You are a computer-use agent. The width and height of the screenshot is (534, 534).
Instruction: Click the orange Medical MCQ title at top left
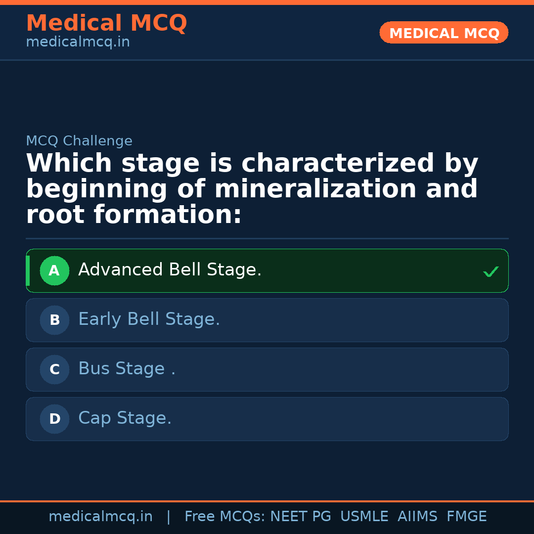pyautogui.click(x=106, y=23)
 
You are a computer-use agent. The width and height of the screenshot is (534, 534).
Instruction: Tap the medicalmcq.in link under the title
pyautogui.click(x=78, y=42)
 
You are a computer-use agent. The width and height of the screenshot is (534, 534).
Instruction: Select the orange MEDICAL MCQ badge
pyautogui.click(x=444, y=33)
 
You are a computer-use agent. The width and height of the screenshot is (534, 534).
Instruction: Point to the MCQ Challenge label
pyautogui.click(x=79, y=141)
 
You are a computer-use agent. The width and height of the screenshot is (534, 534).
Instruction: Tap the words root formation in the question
pyautogui.click(x=133, y=215)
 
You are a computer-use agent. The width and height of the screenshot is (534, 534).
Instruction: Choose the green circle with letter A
pyautogui.click(x=54, y=270)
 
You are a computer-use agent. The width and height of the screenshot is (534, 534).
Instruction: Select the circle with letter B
pyautogui.click(x=54, y=320)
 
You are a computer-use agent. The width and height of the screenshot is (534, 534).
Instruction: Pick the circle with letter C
pyautogui.click(x=54, y=369)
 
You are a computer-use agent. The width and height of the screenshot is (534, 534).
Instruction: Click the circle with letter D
pyautogui.click(x=54, y=419)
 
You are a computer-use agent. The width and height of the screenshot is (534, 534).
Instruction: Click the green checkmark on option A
pyautogui.click(x=490, y=271)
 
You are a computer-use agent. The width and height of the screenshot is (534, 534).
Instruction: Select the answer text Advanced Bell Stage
pyautogui.click(x=170, y=270)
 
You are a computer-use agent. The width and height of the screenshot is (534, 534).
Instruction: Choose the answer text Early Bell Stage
pyautogui.click(x=149, y=319)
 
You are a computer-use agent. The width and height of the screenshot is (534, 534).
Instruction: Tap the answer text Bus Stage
pyautogui.click(x=127, y=369)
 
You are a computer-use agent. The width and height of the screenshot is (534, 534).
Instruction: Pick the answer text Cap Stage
pyautogui.click(x=125, y=418)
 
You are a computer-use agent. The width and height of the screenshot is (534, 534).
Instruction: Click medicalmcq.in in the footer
pyautogui.click(x=100, y=517)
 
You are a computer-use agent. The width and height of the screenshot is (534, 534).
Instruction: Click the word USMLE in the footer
pyautogui.click(x=364, y=517)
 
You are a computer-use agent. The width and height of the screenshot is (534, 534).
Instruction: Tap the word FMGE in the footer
pyautogui.click(x=466, y=517)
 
